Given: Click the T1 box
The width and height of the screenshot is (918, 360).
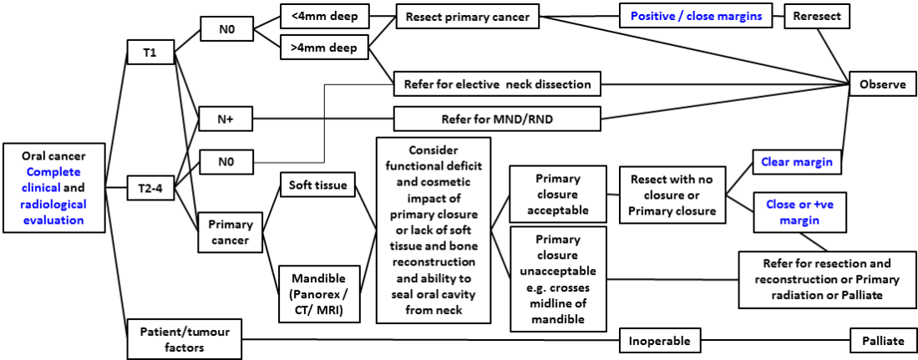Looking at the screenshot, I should point(149,53).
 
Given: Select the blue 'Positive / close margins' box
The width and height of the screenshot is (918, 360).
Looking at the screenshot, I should point(696,16).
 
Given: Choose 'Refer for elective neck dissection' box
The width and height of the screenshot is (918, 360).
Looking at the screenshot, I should point(497,84).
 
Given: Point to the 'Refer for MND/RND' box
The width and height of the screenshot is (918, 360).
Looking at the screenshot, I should point(497,119).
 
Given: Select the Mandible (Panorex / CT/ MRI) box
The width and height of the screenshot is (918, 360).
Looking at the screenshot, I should point(317,288).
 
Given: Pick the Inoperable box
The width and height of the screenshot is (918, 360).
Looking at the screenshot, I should point(659,341).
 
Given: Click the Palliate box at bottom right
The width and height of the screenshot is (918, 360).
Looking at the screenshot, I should point(878,341).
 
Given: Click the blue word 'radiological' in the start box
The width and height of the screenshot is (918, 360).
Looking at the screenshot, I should point(54,205).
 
